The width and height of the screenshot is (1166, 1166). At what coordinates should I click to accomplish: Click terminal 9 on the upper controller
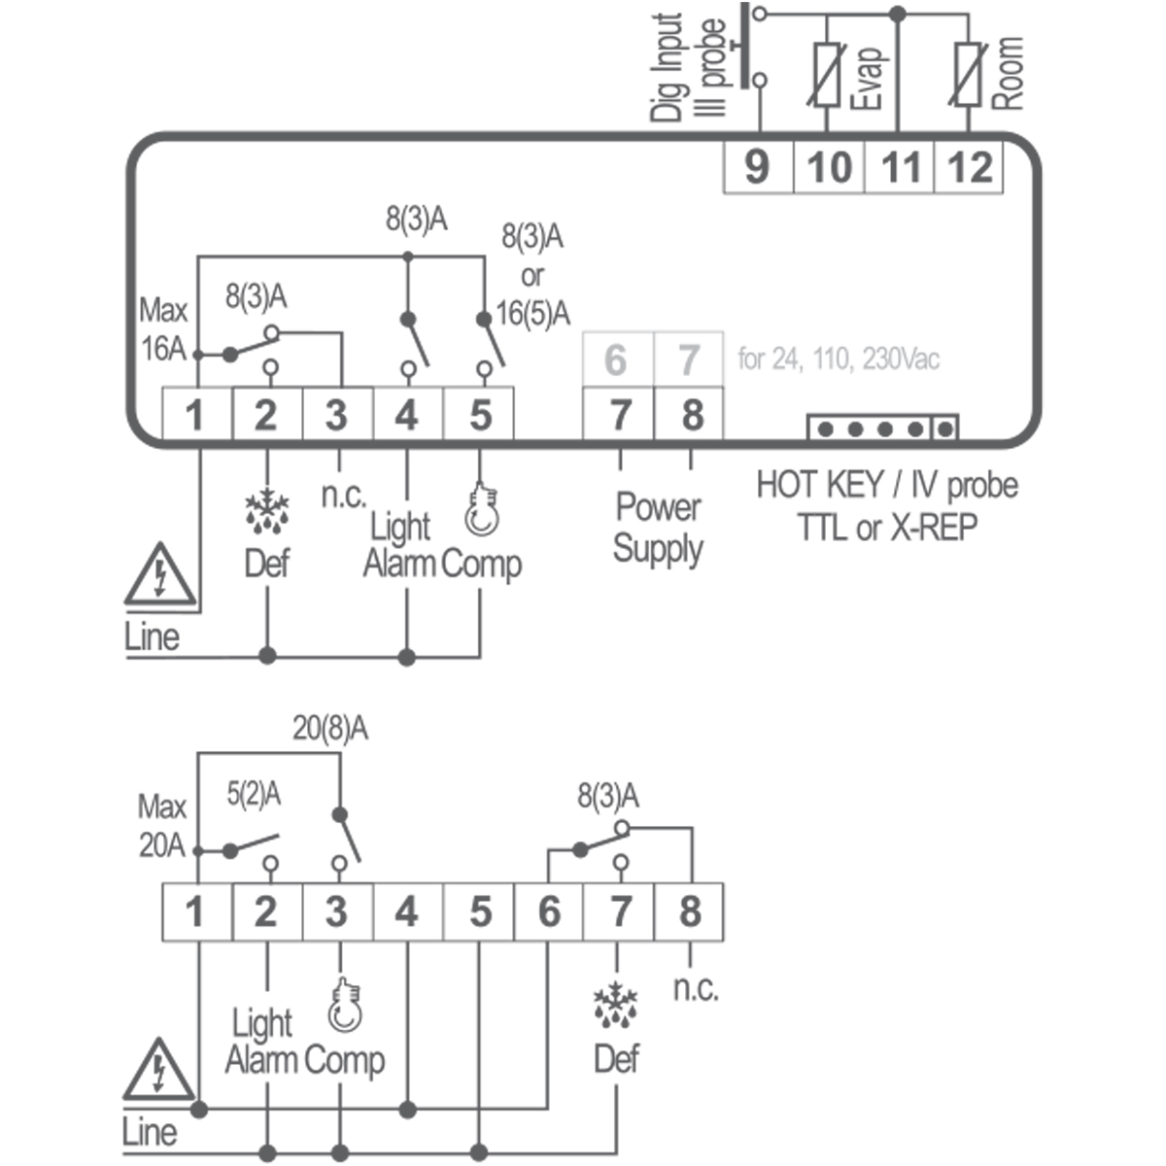758,167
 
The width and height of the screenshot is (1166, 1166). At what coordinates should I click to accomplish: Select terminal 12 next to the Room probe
969,167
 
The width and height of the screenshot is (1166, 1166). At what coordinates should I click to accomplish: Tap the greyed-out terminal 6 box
616,360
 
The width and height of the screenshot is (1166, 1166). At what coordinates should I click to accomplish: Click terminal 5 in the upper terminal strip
480,415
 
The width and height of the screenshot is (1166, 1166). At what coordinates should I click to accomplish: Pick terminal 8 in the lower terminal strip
690,911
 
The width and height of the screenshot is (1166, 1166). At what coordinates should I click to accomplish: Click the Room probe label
1008,73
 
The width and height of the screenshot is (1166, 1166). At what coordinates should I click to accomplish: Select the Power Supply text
658,528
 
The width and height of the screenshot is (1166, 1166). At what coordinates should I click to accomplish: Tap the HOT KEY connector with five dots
882,428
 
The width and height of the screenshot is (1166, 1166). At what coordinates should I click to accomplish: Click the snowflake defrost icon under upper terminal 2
267,511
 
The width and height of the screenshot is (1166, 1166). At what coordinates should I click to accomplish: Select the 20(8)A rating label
330,729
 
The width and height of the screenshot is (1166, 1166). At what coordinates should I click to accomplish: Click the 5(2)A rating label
254,795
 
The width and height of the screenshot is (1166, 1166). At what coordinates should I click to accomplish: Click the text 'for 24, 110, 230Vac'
839,360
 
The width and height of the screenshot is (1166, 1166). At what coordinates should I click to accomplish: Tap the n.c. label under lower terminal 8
696,988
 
